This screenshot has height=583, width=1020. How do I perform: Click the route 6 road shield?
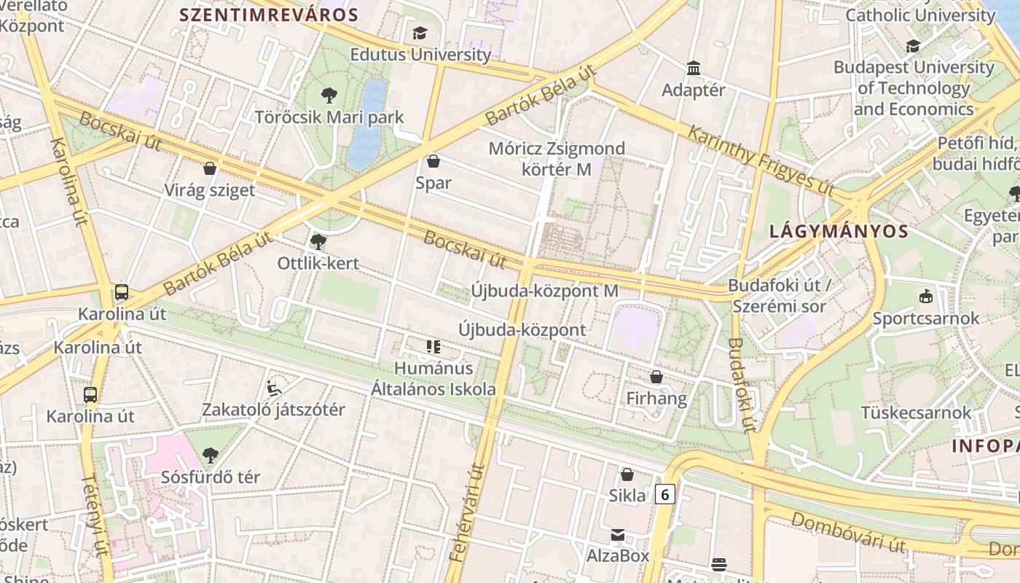click(x=664, y=494)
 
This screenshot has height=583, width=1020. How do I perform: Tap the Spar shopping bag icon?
click(x=433, y=161)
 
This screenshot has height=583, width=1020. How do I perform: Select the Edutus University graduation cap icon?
click(x=420, y=33)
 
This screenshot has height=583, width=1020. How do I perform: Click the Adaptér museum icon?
click(x=694, y=69)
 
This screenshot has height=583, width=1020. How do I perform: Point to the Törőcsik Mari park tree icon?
click(x=329, y=95)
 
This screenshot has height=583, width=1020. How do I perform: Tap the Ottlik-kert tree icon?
click(x=318, y=241)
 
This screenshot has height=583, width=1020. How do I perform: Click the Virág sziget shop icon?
click(x=210, y=168)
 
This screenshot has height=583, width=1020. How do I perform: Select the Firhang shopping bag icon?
click(x=656, y=377)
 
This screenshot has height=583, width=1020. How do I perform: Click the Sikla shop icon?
click(x=627, y=474)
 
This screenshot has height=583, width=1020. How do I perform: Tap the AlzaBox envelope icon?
click(x=618, y=535)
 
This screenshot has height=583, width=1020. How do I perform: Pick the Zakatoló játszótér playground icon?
click(x=274, y=388)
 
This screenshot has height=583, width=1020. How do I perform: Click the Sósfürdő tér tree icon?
click(x=210, y=455)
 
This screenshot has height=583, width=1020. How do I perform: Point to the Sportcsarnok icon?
click(x=925, y=297)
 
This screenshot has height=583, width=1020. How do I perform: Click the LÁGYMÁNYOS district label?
click(x=839, y=232)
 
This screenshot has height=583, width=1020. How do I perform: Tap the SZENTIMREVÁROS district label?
click(x=269, y=15)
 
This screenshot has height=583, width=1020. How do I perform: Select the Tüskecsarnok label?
click(x=916, y=412)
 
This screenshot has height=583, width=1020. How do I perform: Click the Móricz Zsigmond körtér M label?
click(x=557, y=159)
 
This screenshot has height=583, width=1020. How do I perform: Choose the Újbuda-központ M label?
click(x=544, y=291)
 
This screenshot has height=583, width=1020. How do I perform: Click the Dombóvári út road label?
click(x=848, y=533)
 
